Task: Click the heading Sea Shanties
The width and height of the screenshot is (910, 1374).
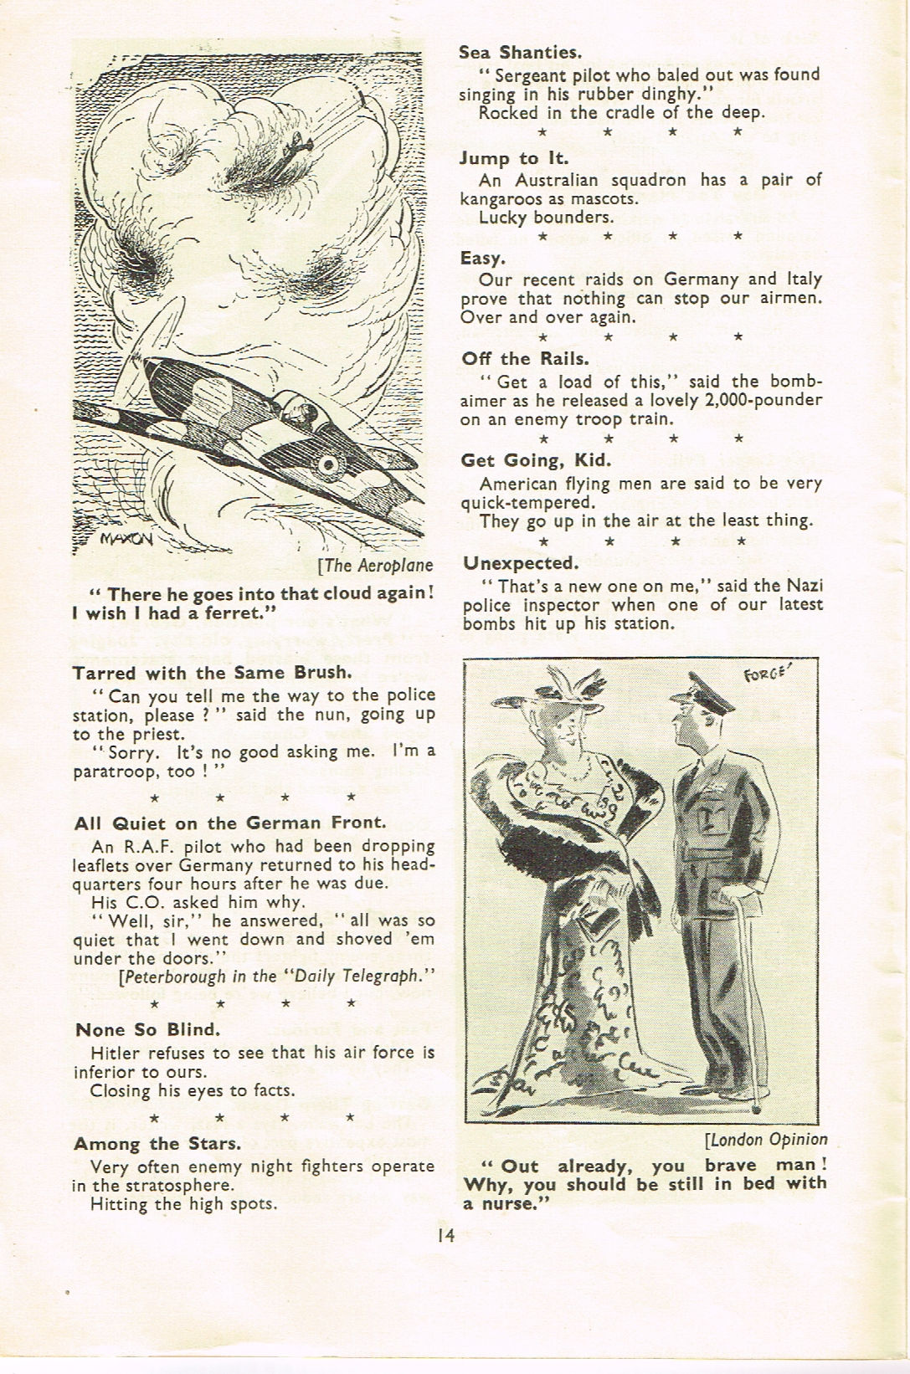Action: [520, 53]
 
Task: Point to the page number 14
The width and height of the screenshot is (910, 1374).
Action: [445, 1234]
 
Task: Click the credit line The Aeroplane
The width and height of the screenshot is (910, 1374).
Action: [377, 565]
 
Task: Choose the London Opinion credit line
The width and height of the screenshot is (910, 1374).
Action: [767, 1139]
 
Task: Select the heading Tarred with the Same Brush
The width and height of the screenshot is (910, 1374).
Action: [213, 673]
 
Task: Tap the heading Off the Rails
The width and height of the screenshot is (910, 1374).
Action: [525, 358]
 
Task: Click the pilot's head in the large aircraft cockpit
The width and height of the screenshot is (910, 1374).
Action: [308, 413]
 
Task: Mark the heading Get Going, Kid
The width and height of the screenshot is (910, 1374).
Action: [536, 459]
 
